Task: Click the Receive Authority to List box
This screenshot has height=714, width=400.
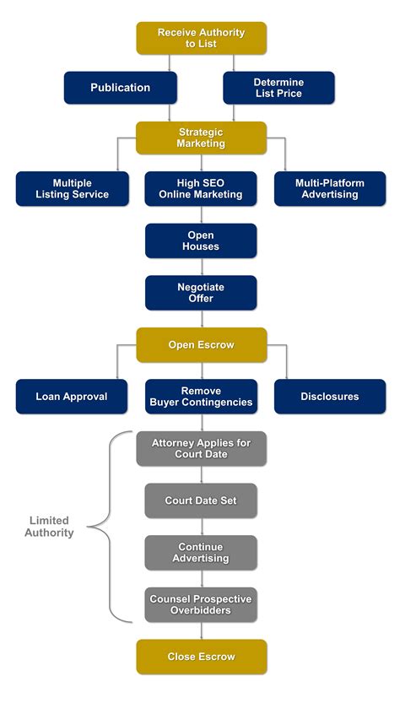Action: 201,38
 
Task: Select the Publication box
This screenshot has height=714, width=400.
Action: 120,88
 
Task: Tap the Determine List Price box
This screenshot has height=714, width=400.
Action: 278,88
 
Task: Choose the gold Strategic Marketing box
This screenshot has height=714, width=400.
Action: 201,138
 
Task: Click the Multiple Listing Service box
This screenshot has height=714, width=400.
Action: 72,189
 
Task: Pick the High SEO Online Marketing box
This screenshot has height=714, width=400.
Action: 201,189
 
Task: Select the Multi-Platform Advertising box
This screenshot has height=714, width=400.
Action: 330,189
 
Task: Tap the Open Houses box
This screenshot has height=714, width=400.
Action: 201,241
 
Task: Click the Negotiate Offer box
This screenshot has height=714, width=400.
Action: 201,293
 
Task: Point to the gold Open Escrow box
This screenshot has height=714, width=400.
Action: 201,344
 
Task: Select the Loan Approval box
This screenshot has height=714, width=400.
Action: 72,397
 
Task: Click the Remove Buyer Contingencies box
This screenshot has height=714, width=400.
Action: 201,397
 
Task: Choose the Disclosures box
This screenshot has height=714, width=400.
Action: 330,397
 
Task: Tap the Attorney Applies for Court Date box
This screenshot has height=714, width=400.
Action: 201,448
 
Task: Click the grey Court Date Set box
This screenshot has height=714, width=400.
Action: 201,500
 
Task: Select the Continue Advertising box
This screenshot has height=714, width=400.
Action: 201,553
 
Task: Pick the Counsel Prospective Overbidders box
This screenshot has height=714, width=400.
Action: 201,604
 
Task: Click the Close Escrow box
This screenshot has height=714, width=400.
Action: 201,657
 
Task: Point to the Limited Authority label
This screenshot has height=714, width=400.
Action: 49,527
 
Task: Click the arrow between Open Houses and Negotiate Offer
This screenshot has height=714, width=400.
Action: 201,267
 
